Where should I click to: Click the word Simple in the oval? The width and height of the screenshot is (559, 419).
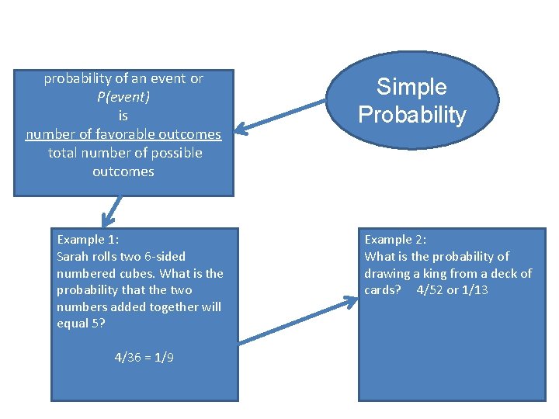click(411, 87)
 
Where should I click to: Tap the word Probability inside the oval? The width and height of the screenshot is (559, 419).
click(411, 115)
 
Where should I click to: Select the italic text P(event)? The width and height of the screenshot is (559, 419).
click(123, 97)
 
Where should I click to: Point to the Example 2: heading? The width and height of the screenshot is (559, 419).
click(395, 239)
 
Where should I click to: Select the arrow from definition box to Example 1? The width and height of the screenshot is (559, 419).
click(111, 211)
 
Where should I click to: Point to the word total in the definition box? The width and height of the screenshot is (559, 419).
click(64, 153)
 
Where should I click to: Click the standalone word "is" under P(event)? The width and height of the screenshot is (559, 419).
click(123, 116)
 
